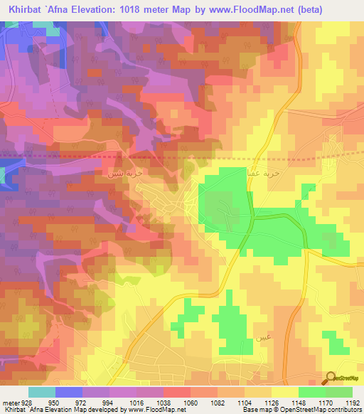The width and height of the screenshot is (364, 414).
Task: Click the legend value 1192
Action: pos(351,402)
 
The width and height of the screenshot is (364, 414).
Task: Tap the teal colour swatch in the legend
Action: pos(41,392)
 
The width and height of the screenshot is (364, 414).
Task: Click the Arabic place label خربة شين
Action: pos(117,174)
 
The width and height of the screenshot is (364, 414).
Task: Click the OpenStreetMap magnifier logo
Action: pos(331,378)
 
